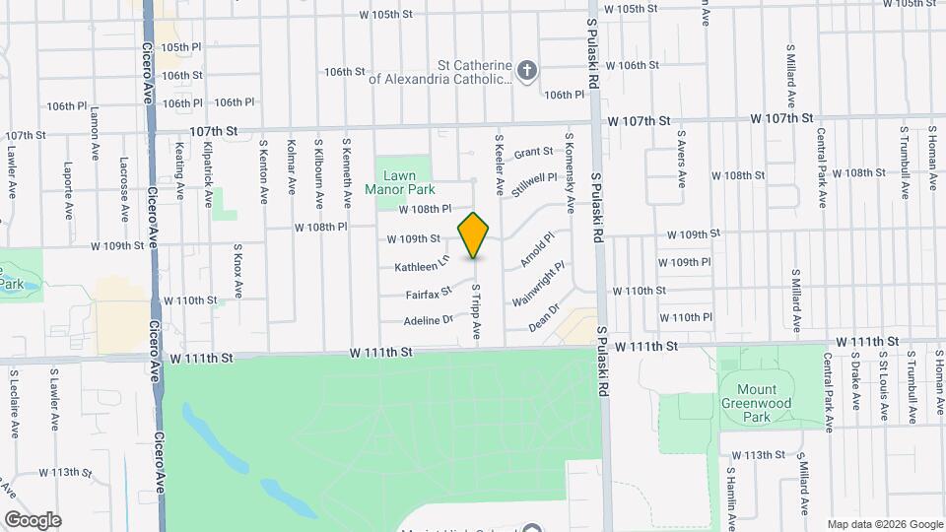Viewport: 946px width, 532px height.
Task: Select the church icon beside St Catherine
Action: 528,70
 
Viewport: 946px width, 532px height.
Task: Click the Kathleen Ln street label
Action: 422,266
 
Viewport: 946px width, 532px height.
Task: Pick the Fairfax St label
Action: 428,294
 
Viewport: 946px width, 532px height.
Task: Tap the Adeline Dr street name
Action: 428,320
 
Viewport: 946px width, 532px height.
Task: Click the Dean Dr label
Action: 544,316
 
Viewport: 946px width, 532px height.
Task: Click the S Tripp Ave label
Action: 476,313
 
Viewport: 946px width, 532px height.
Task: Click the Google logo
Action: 33,519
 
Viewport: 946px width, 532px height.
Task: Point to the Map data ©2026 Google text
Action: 884,524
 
